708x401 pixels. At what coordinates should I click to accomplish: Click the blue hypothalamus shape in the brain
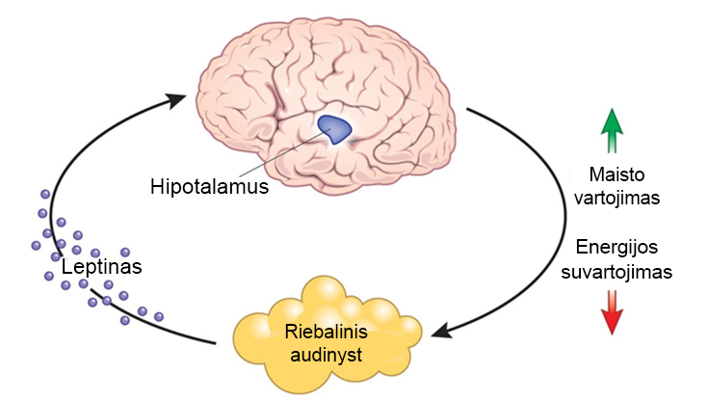(x=334, y=128)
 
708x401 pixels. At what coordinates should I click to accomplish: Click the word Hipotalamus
(x=209, y=184)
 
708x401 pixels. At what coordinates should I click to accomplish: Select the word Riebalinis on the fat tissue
(x=326, y=332)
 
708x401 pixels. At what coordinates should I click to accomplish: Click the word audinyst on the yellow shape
(x=326, y=354)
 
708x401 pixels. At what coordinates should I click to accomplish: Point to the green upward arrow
(x=610, y=131)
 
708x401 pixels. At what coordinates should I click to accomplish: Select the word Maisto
(x=616, y=174)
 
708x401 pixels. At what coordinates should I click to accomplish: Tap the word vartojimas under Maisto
(x=616, y=198)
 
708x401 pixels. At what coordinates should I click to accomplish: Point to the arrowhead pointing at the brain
(x=176, y=98)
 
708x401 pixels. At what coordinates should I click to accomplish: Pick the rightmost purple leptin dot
(x=159, y=316)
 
